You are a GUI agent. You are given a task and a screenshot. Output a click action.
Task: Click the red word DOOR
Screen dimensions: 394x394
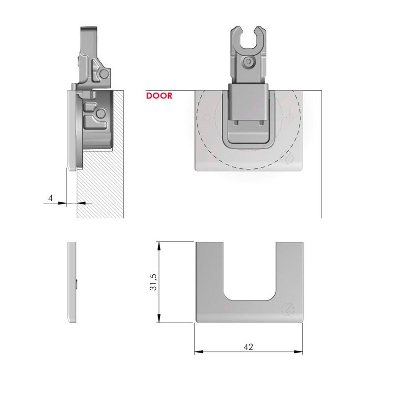[159, 96]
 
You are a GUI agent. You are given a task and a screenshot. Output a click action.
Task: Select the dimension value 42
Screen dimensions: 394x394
[248, 347]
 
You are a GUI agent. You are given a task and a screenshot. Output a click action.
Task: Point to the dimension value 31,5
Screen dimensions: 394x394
[153, 282]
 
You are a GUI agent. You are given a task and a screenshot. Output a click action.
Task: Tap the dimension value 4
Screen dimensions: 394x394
[50, 198]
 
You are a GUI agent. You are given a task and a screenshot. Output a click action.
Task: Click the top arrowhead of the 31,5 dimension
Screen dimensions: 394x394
[158, 246]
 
